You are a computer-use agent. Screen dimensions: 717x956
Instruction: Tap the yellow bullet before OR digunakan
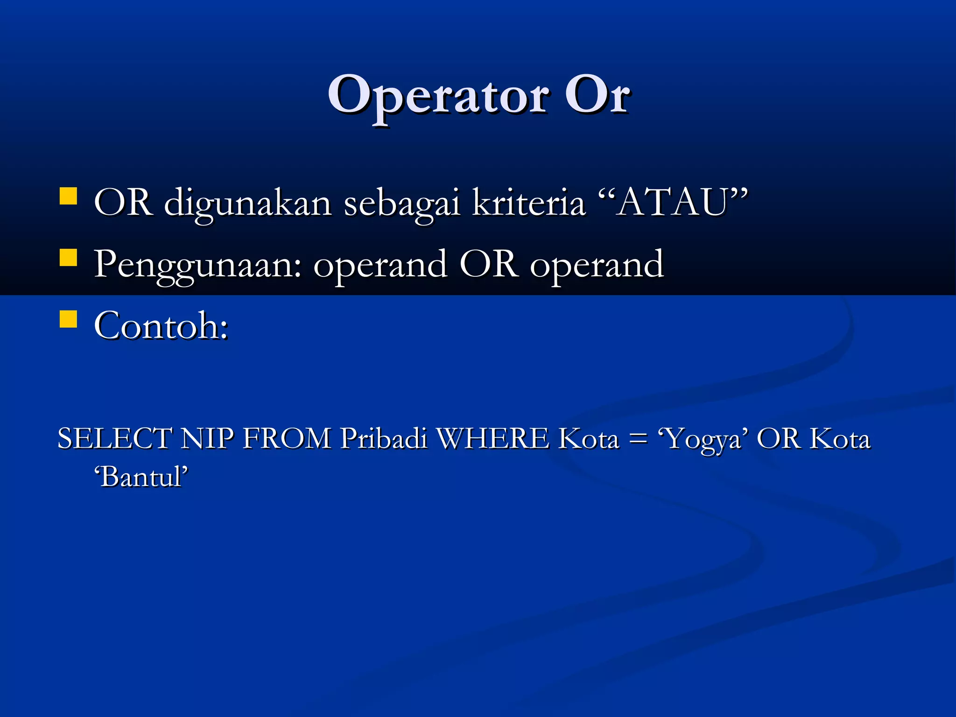[x=69, y=197]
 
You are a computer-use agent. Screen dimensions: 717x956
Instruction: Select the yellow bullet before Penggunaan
[x=69, y=257]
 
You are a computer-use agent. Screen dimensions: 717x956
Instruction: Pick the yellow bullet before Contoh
[x=69, y=319]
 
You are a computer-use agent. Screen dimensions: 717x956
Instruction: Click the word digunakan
[x=248, y=203]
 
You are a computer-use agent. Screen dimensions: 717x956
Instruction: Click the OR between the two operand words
[x=488, y=264]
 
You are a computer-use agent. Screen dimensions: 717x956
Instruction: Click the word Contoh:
[x=161, y=326]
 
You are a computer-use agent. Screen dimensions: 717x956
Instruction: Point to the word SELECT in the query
[x=115, y=439]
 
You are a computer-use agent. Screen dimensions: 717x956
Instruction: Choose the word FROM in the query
[x=287, y=439]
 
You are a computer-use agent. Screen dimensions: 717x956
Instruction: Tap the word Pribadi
[x=383, y=439]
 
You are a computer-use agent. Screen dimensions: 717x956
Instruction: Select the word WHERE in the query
[x=492, y=439]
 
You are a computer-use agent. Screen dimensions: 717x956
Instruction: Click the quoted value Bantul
[x=141, y=477]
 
